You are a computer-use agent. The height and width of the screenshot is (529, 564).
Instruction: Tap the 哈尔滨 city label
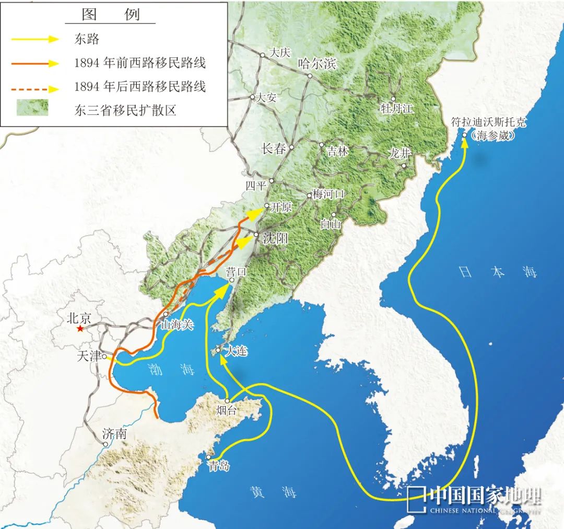(316, 64)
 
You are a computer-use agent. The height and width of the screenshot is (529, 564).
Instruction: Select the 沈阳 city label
(275, 238)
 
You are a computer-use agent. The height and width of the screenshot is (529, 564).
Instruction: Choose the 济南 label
(115, 433)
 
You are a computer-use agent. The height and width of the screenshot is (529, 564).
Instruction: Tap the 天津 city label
(88, 356)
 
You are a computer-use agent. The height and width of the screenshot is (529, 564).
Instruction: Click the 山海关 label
(177, 325)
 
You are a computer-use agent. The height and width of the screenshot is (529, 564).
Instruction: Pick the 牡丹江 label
(397, 109)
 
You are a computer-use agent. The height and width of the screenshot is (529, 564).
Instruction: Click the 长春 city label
(274, 148)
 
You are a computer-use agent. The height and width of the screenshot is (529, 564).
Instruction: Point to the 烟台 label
(226, 411)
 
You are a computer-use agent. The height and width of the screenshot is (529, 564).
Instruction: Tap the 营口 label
(235, 271)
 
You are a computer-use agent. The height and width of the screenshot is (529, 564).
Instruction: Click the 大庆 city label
(278, 53)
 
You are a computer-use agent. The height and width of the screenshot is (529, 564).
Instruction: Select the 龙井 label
(400, 154)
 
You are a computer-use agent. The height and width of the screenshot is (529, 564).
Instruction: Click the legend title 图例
(110, 15)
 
